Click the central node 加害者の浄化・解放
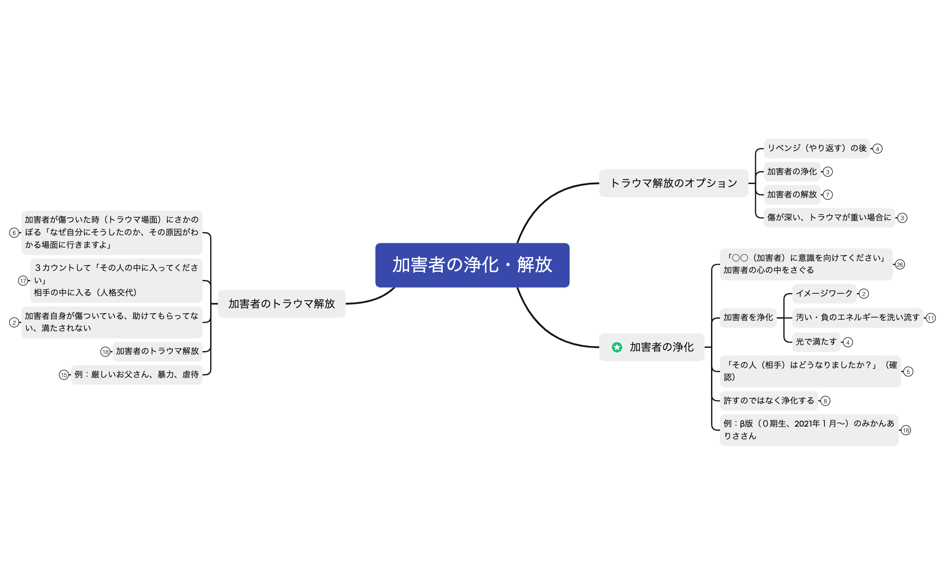click(x=472, y=265)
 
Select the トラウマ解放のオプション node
click(x=673, y=183)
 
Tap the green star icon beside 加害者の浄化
click(x=617, y=347)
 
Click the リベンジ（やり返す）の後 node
click(x=816, y=148)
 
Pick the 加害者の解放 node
click(x=792, y=194)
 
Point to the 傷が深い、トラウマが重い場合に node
click(x=829, y=217)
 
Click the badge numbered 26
click(x=900, y=265)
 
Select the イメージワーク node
click(x=823, y=293)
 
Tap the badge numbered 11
click(x=931, y=318)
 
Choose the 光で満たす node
click(x=816, y=342)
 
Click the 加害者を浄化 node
click(x=748, y=317)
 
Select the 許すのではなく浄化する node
click(x=769, y=400)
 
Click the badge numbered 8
click(x=825, y=401)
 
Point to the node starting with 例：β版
click(x=809, y=430)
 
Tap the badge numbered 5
click(x=908, y=372)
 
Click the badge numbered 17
click(x=23, y=281)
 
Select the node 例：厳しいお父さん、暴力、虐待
click(x=136, y=374)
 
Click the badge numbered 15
click(x=64, y=375)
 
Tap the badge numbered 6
click(x=14, y=233)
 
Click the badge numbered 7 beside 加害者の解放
click(x=828, y=195)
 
